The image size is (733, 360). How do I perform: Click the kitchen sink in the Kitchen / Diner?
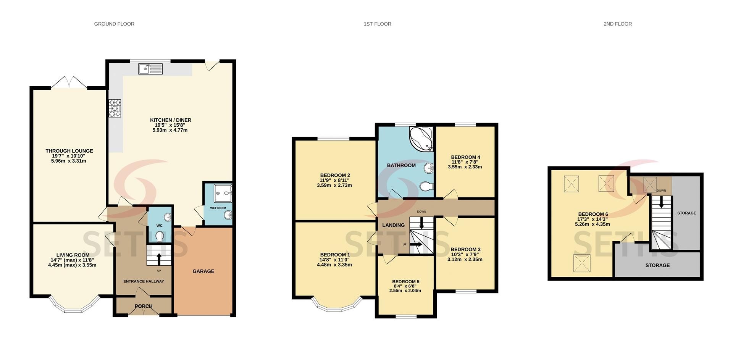pos(150,69)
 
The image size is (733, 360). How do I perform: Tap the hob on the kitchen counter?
pos(115,108)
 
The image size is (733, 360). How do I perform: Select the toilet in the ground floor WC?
pos(160,237)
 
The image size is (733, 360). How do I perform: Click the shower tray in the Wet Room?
pos(223,193)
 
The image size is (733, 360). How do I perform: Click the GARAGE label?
pos(203,271)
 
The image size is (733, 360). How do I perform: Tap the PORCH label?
pos(144,306)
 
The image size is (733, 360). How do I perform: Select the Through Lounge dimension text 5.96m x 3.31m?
pos(69,161)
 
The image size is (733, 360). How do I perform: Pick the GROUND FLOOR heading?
pos(114,24)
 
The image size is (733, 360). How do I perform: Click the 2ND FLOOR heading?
pos(618,24)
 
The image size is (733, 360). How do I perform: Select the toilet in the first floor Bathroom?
pos(426,187)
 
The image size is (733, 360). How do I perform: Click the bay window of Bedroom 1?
pos(337,304)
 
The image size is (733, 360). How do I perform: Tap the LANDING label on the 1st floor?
pos(394,225)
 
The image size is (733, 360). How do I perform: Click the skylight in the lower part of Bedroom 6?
pos(581,263)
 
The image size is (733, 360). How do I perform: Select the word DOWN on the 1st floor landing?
pos(421,211)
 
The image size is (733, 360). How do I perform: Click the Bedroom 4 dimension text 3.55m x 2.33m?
pos(465,167)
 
